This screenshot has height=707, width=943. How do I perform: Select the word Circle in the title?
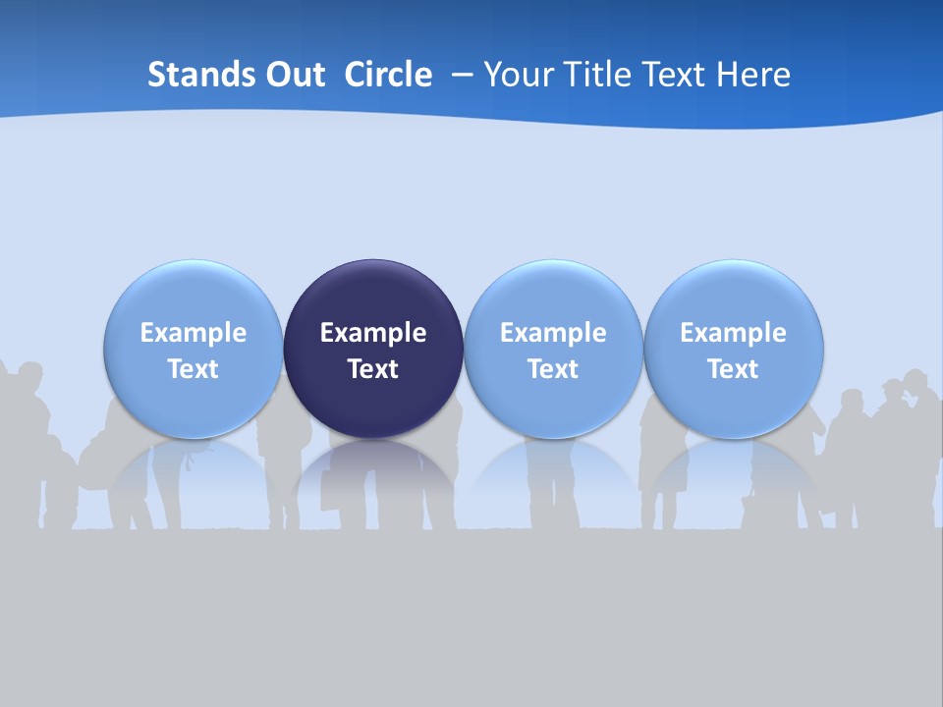coord(388,75)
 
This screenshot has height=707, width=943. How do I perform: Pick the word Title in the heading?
coord(593,75)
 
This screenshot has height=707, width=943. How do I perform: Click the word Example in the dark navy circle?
coord(373,333)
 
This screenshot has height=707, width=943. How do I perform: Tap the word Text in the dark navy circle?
coord(373,369)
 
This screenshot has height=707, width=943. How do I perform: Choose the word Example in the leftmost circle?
coord(194,333)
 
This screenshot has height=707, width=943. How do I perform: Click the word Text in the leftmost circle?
coord(194,369)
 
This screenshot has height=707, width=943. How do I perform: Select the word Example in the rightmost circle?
coord(733,333)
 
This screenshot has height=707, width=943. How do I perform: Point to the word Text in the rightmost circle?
coord(733,369)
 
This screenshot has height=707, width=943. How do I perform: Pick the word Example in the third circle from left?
coord(553,333)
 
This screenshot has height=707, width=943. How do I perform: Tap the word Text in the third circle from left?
coord(553,369)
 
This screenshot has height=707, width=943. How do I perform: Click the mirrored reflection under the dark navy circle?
coord(373,471)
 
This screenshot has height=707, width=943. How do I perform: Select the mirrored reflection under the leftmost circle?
coord(194,471)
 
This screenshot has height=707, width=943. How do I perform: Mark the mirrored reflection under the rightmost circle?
coord(733,471)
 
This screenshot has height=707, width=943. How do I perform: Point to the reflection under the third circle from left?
coord(553,471)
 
